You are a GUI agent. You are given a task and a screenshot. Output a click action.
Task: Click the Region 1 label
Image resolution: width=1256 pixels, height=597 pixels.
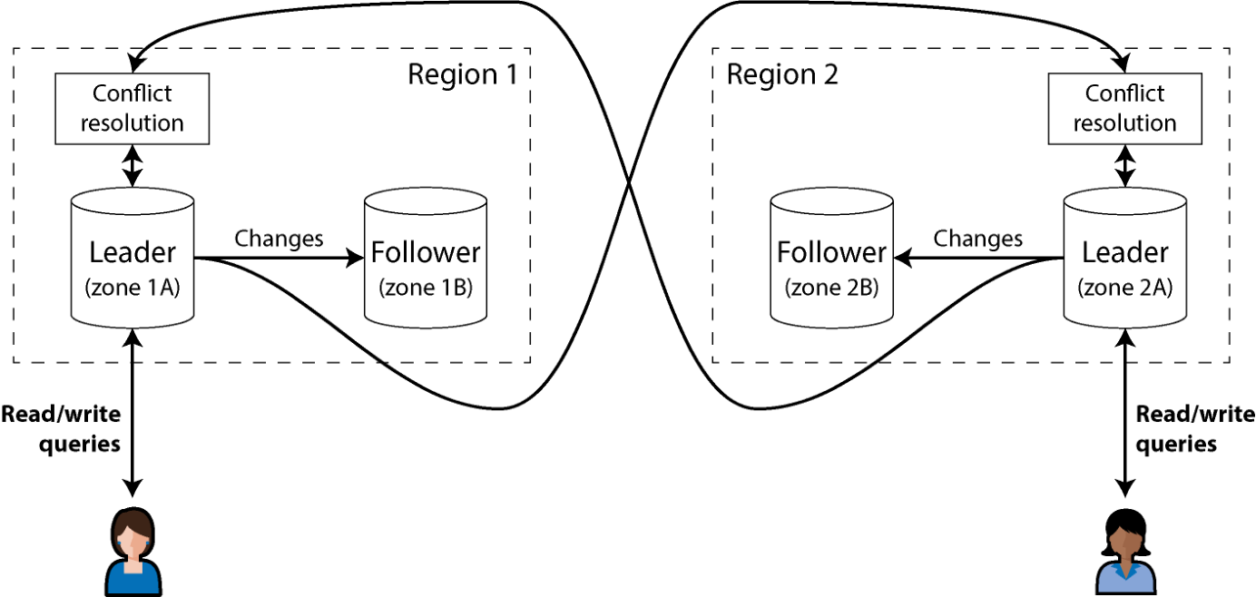coord(463,74)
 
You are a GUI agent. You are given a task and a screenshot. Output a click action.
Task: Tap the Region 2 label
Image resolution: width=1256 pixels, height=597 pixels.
coord(782,74)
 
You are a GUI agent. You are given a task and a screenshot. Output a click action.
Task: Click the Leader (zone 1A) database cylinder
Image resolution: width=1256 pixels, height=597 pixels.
coord(132,258)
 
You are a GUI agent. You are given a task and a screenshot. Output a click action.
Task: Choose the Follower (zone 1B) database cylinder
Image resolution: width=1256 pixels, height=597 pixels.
coord(426,258)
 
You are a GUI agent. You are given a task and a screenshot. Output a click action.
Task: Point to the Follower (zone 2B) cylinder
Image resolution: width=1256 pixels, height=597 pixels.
coord(831,258)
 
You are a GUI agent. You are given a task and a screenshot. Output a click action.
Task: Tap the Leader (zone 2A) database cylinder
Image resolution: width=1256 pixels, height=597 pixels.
coord(1124,258)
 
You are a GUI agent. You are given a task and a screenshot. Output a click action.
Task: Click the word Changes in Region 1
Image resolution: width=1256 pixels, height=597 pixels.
coord(279,240)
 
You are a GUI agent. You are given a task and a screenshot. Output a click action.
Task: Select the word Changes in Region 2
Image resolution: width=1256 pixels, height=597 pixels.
coord(978,240)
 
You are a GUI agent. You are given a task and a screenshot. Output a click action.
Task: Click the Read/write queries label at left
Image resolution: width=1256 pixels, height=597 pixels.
coord(61,429)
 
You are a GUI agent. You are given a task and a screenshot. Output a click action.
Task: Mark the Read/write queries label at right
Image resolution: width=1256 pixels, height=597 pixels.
coord(1195,429)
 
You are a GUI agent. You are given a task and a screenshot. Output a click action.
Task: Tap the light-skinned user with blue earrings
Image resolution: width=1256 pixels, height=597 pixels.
coord(132,552)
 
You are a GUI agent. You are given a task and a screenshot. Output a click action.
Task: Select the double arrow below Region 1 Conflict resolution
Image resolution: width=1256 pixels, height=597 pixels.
coord(132,166)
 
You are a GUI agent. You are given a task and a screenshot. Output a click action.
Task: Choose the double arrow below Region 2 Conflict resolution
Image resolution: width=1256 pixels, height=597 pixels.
coord(1124,166)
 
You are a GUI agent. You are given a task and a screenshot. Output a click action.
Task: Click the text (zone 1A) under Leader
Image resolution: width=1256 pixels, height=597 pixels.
coord(132,288)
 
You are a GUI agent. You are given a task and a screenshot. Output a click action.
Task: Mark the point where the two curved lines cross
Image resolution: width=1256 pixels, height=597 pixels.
coord(629,182)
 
